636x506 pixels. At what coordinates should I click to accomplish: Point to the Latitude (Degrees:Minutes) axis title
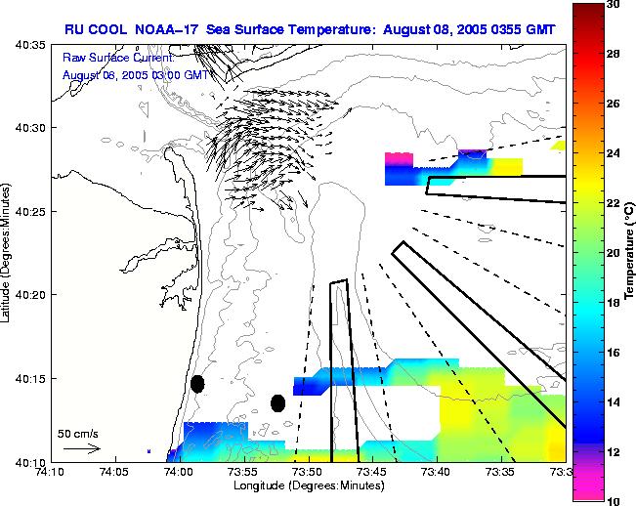point(7,253)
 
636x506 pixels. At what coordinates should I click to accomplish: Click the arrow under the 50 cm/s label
point(82,448)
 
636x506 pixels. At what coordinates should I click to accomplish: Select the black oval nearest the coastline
point(197,384)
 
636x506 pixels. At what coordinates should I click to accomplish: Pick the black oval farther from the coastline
point(277,402)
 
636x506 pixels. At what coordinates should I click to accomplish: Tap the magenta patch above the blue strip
point(399,156)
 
